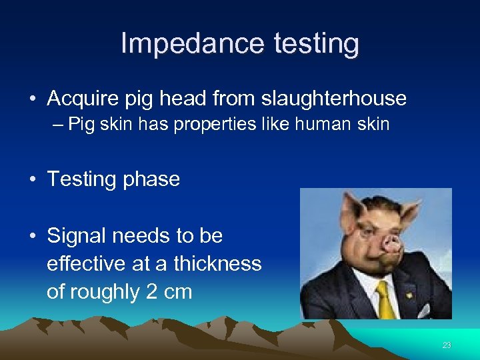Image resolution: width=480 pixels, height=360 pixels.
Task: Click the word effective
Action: click(x=85, y=263)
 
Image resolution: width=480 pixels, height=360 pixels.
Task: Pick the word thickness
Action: click(x=217, y=263)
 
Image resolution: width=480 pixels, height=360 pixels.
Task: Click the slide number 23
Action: click(x=447, y=345)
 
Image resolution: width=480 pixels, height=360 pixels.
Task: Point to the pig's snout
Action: click(x=391, y=245)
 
